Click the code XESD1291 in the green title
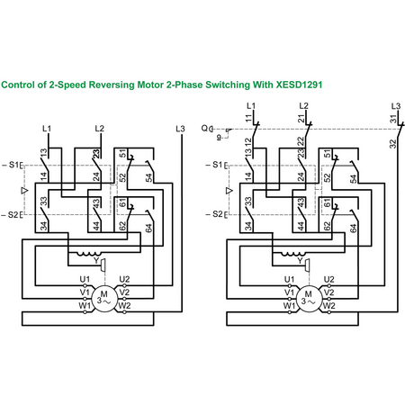click(299, 85)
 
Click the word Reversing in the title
click(112, 85)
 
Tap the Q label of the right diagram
click(204, 129)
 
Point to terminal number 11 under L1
click(249, 118)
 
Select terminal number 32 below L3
click(392, 144)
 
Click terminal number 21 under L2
click(301, 118)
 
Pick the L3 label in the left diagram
click(180, 129)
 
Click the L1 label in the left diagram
click(47, 129)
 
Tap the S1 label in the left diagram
click(13, 165)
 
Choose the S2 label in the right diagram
click(218, 214)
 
